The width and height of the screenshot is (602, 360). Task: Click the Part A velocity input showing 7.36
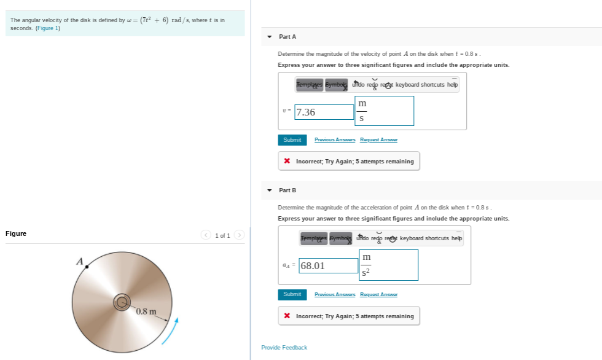click(x=324, y=112)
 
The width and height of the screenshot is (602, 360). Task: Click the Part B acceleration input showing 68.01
click(x=328, y=265)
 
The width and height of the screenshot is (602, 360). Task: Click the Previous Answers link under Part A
click(x=334, y=140)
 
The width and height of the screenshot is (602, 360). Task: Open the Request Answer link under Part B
click(x=378, y=294)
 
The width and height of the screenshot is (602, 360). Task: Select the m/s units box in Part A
click(x=385, y=111)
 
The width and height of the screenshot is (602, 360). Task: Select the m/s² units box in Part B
click(x=388, y=265)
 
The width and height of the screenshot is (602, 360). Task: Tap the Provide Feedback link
click(x=284, y=348)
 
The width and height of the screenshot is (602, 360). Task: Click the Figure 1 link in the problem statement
click(x=47, y=28)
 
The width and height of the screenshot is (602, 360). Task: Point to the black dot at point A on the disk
click(x=87, y=267)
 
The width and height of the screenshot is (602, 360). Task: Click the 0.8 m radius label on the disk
click(x=146, y=311)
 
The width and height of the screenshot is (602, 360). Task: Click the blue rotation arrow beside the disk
click(x=173, y=328)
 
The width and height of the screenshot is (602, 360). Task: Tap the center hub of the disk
click(x=122, y=302)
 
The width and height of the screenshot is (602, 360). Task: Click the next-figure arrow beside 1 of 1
click(x=239, y=235)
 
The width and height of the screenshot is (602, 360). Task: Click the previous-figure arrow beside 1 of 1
click(x=206, y=235)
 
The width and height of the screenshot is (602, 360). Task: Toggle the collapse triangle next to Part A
click(x=270, y=37)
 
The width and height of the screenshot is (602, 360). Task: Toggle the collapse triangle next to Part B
click(x=270, y=190)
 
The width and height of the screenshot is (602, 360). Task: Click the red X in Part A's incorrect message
click(x=287, y=162)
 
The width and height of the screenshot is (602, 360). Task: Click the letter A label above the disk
click(x=79, y=260)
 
